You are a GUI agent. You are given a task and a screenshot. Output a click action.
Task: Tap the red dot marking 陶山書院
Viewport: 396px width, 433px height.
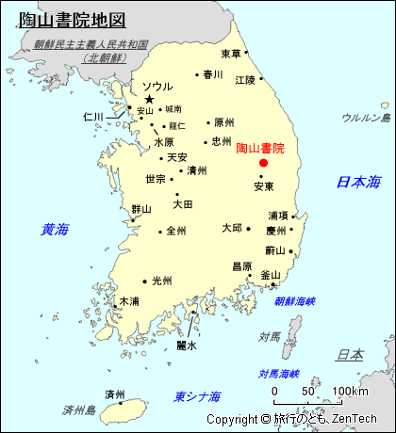263,163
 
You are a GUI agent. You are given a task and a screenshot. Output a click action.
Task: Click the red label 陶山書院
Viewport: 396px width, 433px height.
260,148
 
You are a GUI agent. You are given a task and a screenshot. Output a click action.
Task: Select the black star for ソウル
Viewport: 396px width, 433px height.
148,99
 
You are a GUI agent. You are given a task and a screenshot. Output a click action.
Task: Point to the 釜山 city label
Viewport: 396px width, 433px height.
270,274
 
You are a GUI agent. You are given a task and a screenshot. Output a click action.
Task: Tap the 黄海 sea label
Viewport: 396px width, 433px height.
55,229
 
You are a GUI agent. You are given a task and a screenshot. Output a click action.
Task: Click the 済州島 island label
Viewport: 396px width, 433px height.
80,410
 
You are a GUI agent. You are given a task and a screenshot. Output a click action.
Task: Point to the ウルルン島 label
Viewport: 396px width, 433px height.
366,118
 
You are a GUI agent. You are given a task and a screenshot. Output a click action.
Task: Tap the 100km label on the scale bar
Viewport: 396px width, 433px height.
350,391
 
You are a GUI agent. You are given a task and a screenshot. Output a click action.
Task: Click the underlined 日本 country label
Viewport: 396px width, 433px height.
350,355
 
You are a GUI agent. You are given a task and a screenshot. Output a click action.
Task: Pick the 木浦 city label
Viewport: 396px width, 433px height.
128,301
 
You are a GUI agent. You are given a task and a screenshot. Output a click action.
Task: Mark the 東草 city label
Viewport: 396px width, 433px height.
231,54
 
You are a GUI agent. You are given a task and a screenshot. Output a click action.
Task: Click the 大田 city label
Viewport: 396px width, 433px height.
182,203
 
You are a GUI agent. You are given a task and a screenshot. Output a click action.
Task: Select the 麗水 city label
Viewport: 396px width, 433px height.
187,345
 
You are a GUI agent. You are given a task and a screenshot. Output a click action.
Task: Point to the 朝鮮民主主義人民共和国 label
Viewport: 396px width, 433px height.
90,44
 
